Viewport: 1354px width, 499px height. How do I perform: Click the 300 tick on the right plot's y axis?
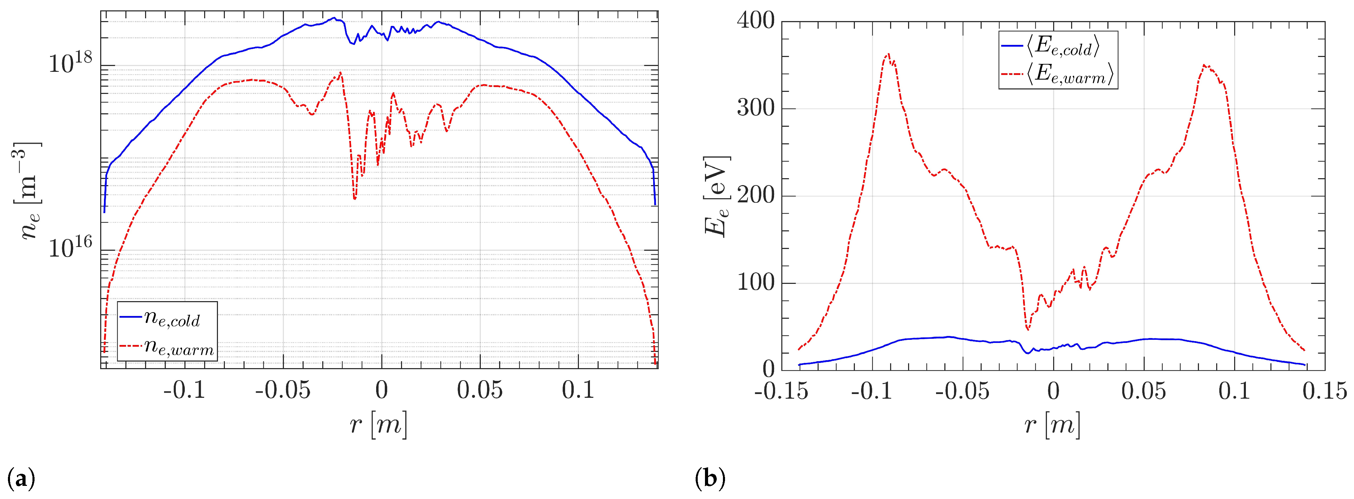pyautogui.click(x=755, y=109)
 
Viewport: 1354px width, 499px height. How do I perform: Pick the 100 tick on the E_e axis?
pyautogui.click(x=755, y=283)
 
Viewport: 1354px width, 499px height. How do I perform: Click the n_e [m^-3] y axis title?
pyautogui.click(x=30, y=191)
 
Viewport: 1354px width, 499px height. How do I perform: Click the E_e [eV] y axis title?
pyautogui.click(x=716, y=195)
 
